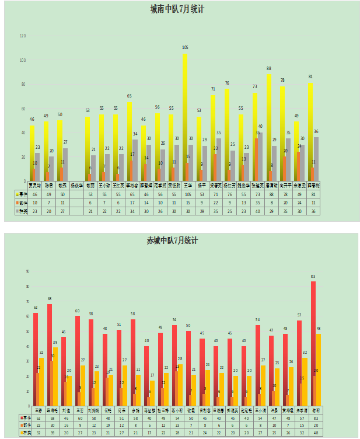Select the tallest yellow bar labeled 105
[x=185, y=117]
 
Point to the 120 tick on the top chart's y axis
[x=23, y=36]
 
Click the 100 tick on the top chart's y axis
[x=23, y=60]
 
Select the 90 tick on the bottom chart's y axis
[x=27, y=271]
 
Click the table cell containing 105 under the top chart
[x=185, y=194]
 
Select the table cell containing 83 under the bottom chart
[x=315, y=418]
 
